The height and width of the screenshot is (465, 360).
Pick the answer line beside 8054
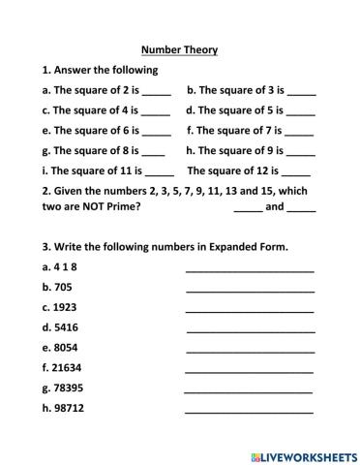[x=249, y=350]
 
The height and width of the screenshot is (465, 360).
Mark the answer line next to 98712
[x=249, y=411]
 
